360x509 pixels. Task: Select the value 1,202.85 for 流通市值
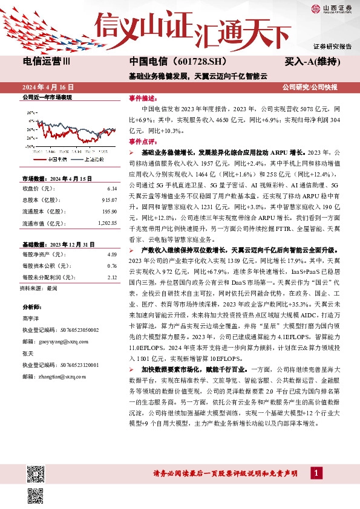click(106, 223)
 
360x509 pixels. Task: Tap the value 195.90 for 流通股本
click(108, 211)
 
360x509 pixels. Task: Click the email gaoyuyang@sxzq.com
click(72, 341)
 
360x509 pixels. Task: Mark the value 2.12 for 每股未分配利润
click(111, 277)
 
